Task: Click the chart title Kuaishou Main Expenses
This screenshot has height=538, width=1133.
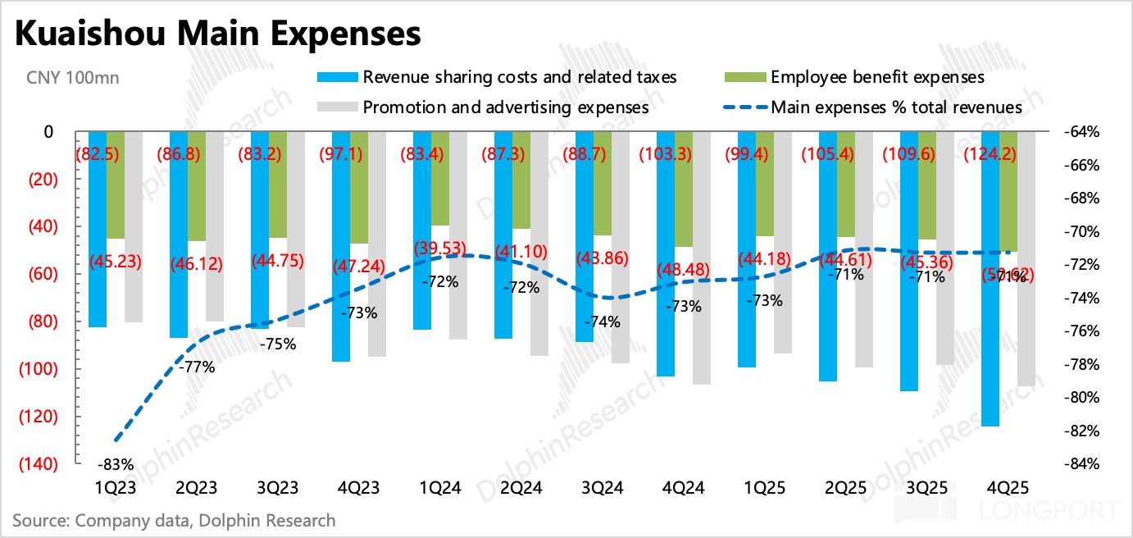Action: point(218,34)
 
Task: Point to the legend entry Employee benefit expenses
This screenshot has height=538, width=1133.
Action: point(877,78)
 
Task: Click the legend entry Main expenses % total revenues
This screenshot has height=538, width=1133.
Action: point(896,107)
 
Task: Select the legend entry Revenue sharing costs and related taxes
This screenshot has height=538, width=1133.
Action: point(520,78)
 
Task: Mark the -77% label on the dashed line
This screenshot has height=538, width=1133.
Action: point(197,367)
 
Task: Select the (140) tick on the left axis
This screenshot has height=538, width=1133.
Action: point(36,464)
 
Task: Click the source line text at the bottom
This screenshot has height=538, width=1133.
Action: point(174,520)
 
